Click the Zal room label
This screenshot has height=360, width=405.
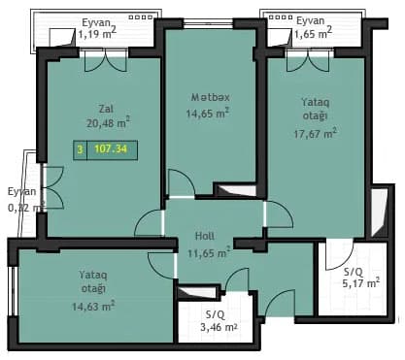pyautogui.click(x=106, y=109)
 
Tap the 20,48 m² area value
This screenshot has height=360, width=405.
pyautogui.click(x=109, y=122)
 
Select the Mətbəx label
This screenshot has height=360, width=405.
pyautogui.click(x=211, y=97)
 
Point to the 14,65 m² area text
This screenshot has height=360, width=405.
pyautogui.click(x=208, y=113)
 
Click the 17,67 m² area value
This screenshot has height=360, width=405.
pyautogui.click(x=315, y=133)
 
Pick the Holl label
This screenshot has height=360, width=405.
pyautogui.click(x=205, y=236)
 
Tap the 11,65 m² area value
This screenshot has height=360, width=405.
pyautogui.click(x=209, y=252)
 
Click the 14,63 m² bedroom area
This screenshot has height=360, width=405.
pyautogui.click(x=93, y=306)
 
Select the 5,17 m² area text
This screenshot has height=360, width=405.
pyautogui.click(x=361, y=283)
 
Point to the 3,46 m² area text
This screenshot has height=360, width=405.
pyautogui.click(x=219, y=327)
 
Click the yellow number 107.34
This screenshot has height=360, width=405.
pyautogui.click(x=111, y=149)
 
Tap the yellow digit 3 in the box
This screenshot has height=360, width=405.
pyautogui.click(x=81, y=149)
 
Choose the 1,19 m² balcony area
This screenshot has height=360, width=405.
pyautogui.click(x=97, y=33)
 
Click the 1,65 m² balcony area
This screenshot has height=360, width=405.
pyautogui.click(x=313, y=33)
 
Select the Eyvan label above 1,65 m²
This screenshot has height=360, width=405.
pyautogui.click(x=311, y=20)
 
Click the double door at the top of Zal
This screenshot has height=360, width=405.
pyautogui.click(x=106, y=60)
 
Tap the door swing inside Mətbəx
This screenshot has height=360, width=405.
pyautogui.click(x=182, y=183)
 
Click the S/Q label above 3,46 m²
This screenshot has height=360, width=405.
pyautogui.click(x=216, y=314)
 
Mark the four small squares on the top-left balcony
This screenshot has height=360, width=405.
pyautogui.click(x=141, y=17)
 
